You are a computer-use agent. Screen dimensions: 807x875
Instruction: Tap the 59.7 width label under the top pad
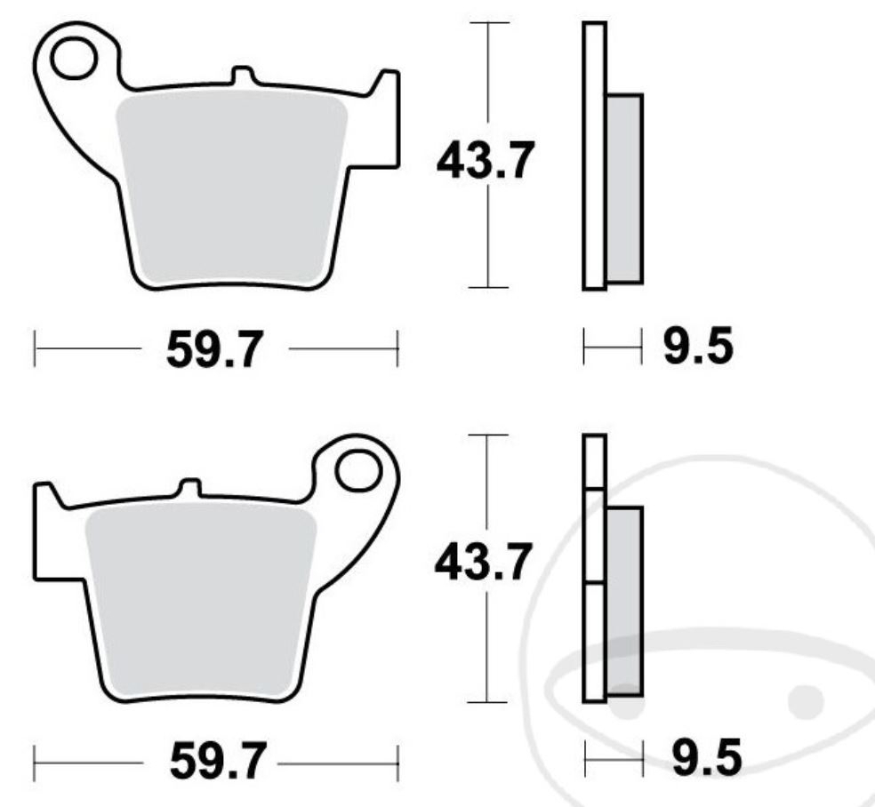tap(215, 350)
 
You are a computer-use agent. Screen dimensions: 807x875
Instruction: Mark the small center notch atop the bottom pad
tap(189, 488)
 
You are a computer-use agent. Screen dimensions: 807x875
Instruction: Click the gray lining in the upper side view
tap(624, 188)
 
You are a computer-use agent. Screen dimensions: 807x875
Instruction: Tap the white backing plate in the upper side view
tap(594, 156)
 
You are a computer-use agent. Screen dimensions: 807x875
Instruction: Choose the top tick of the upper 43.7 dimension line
tap(488, 23)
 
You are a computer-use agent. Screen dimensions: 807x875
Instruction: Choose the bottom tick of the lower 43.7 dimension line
tap(488, 702)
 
